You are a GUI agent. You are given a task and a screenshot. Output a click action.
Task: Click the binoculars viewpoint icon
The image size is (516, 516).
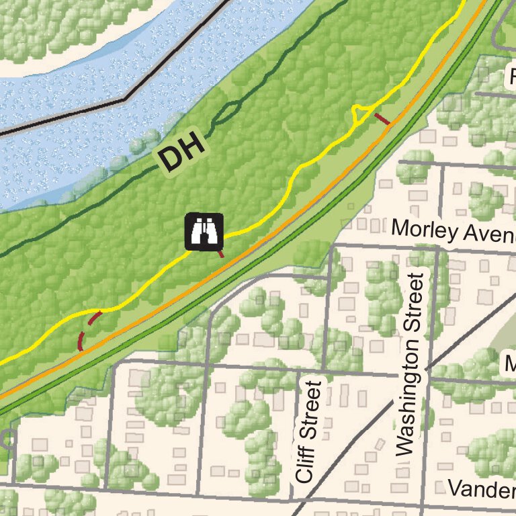pyautogui.click(x=204, y=231)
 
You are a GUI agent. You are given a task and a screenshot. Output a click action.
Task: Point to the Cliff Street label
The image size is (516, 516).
pyautogui.click(x=306, y=431)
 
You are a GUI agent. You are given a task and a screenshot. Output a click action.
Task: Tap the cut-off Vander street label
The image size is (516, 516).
pyautogui.click(x=481, y=488)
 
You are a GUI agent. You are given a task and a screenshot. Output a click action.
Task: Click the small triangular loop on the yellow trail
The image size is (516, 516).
pyautogui.click(x=361, y=114)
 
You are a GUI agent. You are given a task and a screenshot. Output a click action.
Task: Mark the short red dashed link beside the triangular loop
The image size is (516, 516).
pyautogui.click(x=382, y=120)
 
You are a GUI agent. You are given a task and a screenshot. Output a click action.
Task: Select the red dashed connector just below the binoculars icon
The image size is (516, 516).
pyautogui.click(x=220, y=253)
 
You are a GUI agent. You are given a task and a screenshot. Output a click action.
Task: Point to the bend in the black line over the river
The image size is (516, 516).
pyautogui.click(x=125, y=99)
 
